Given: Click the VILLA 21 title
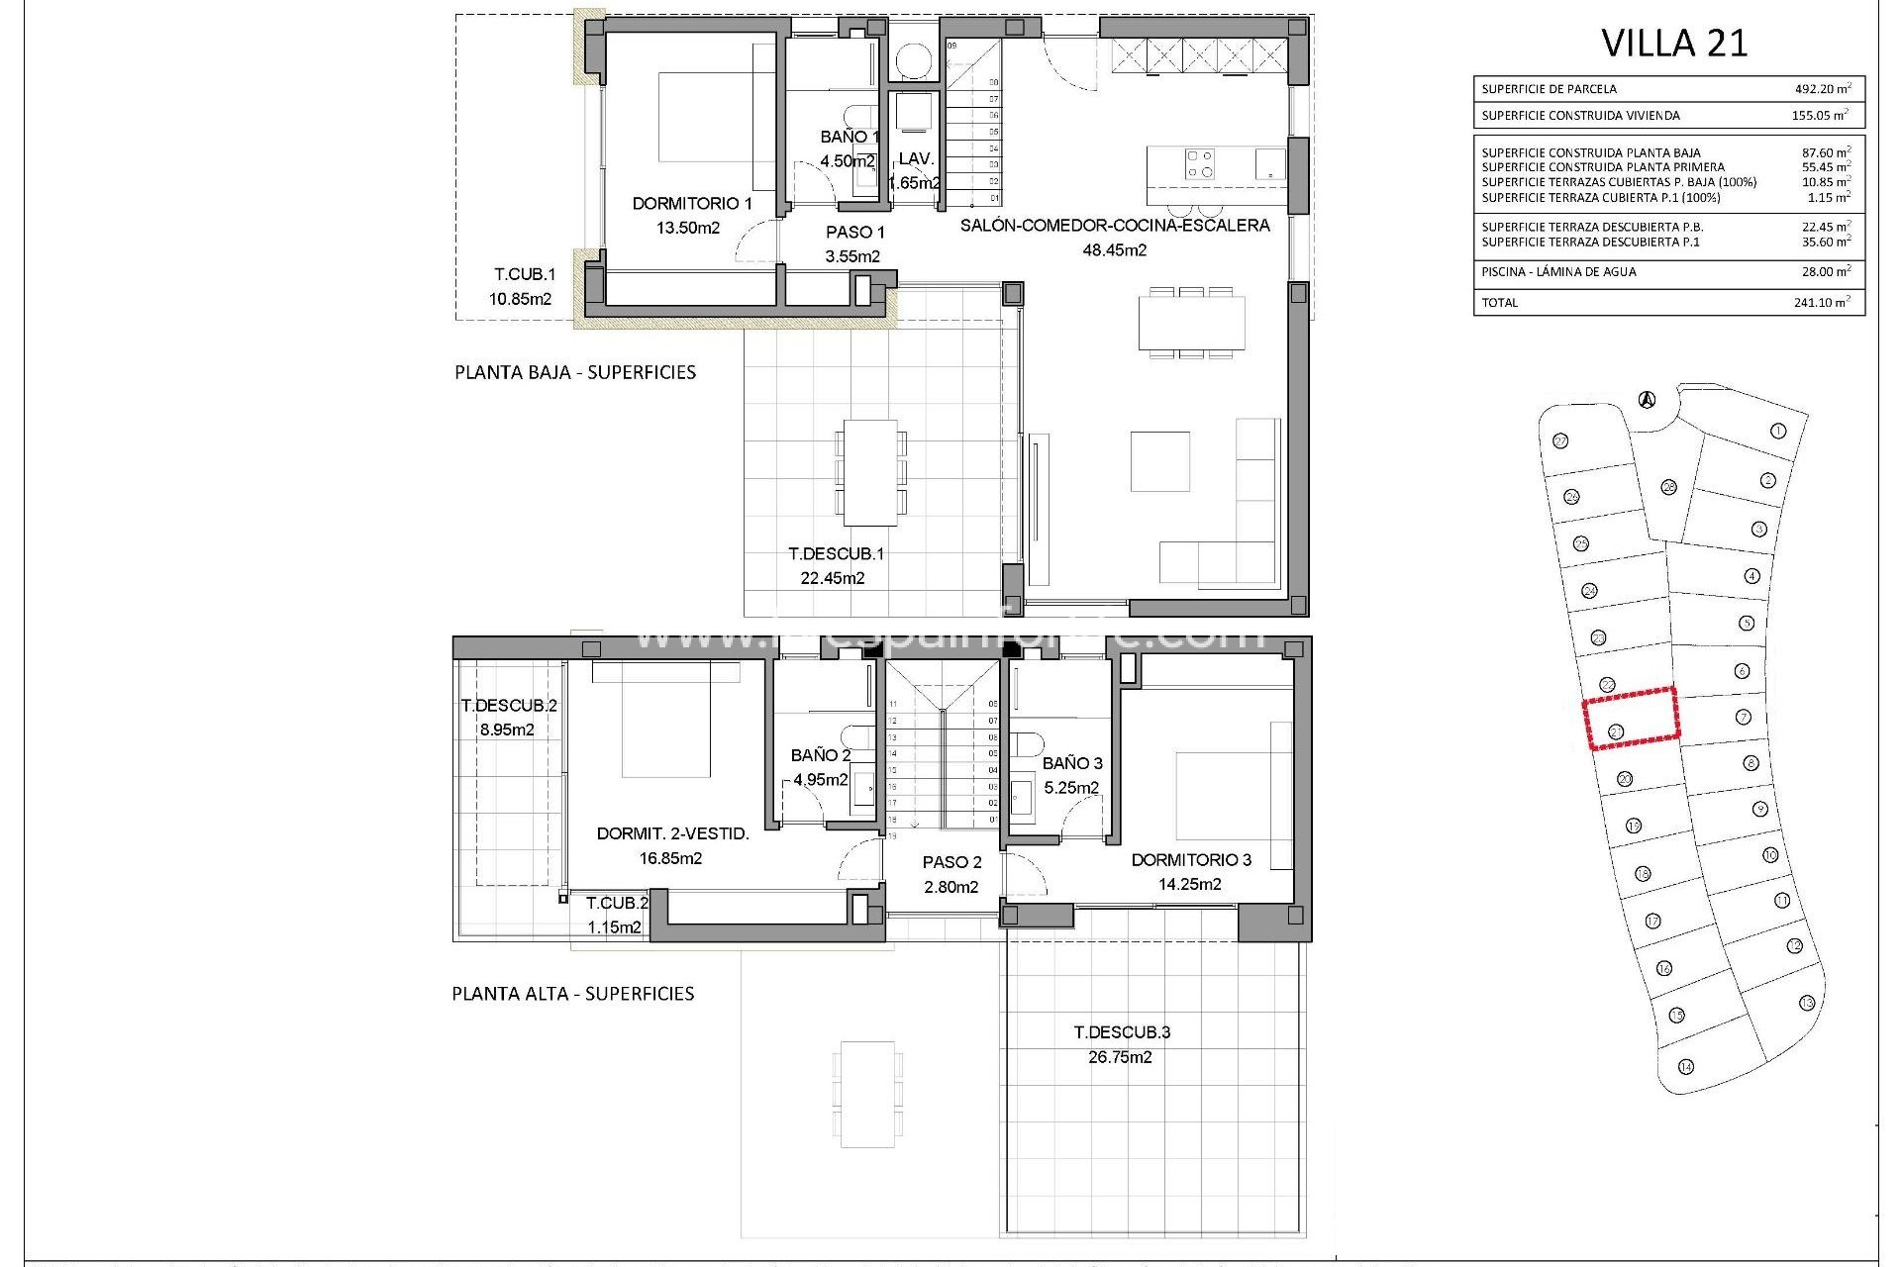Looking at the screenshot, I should (1674, 44).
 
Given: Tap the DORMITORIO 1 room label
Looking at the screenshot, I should (692, 204).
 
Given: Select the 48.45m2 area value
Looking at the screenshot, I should (1114, 250).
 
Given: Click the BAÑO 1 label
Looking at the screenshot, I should (850, 137).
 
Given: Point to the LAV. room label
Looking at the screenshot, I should (916, 158).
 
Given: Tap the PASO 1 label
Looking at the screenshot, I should (855, 233).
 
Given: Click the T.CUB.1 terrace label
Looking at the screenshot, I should (525, 274).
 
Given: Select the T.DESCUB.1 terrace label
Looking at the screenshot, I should (836, 554).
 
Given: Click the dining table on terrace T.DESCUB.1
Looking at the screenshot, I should (870, 473).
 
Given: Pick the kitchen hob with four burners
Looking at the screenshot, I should (1200, 163).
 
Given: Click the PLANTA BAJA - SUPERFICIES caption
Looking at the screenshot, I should (575, 372).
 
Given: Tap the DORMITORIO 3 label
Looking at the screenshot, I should (1191, 860).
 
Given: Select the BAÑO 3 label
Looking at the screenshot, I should (1072, 763).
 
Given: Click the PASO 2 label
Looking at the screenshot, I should (951, 863).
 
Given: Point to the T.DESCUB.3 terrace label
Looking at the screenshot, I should (1122, 1032).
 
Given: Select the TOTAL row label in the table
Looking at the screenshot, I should (1499, 303).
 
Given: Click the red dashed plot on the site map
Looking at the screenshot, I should (1631, 717).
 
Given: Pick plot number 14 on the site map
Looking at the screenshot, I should (1686, 1067).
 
